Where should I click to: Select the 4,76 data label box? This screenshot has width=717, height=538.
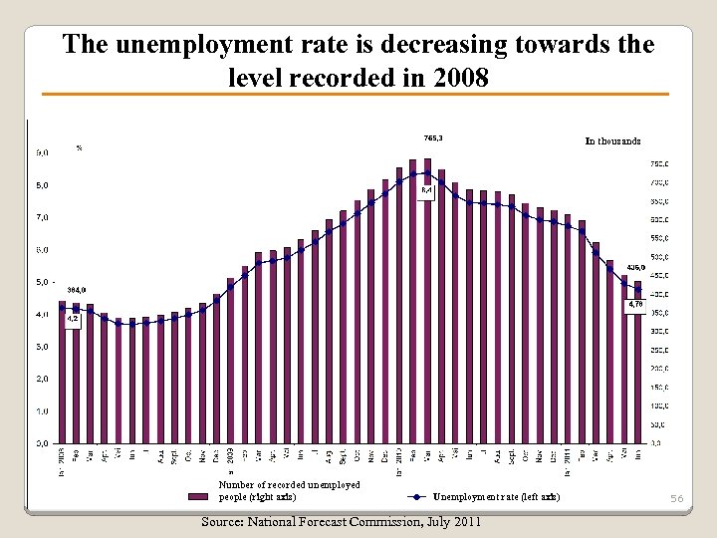click(635, 305)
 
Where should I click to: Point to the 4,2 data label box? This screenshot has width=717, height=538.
click(73, 319)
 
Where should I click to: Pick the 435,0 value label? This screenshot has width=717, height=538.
click(636, 267)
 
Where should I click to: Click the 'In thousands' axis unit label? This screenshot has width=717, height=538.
click(612, 140)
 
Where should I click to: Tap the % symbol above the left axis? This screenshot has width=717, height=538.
click(80, 148)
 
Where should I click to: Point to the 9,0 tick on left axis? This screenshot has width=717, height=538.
click(44, 153)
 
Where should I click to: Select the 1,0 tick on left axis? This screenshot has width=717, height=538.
click(44, 410)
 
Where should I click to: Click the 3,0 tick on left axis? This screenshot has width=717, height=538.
click(44, 347)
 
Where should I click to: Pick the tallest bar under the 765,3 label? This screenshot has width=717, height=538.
click(427, 299)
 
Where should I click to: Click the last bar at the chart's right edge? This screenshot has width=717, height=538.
click(638, 369)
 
